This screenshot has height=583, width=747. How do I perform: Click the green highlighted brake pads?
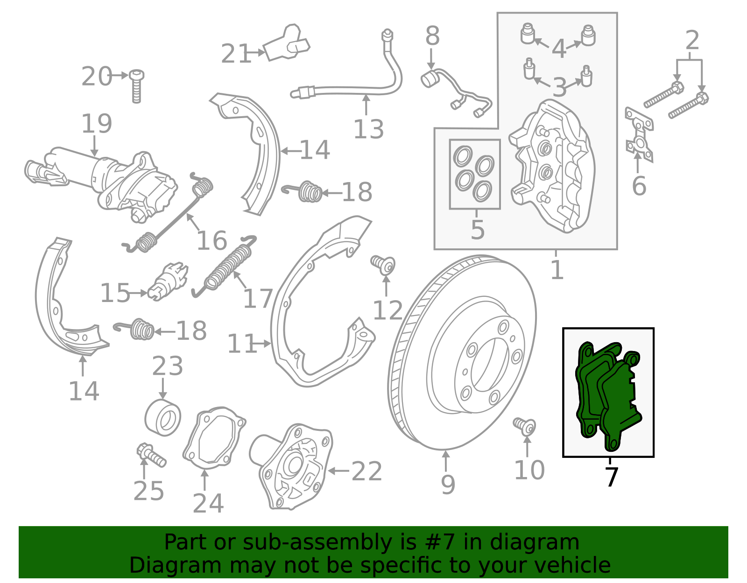pyautogui.click(x=607, y=395)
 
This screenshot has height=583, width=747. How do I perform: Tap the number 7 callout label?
pyautogui.click(x=611, y=477)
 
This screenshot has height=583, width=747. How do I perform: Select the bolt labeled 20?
pyautogui.click(x=136, y=86)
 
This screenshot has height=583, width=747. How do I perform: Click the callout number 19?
pyautogui.click(x=97, y=123)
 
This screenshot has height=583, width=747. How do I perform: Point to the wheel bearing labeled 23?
pyautogui.click(x=162, y=417)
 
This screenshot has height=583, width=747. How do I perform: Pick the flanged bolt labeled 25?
pyautogui.click(x=151, y=455)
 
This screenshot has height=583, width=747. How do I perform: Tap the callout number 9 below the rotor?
pyautogui.click(x=448, y=485)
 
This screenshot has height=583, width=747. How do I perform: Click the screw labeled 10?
pyautogui.click(x=525, y=427)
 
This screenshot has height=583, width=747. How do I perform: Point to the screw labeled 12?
pyautogui.click(x=383, y=265)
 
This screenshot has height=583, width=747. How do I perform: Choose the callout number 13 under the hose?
pyautogui.click(x=368, y=129)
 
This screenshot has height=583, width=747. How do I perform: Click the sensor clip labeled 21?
pyautogui.click(x=286, y=43)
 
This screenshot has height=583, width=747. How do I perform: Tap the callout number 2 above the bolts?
pyautogui.click(x=692, y=40)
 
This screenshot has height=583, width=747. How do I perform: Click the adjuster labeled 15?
pyautogui.click(x=168, y=281)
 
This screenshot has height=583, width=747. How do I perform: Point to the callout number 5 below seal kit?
pyautogui.click(x=478, y=230)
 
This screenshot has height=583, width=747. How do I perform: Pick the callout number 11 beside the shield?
pyautogui.click(x=242, y=344)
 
